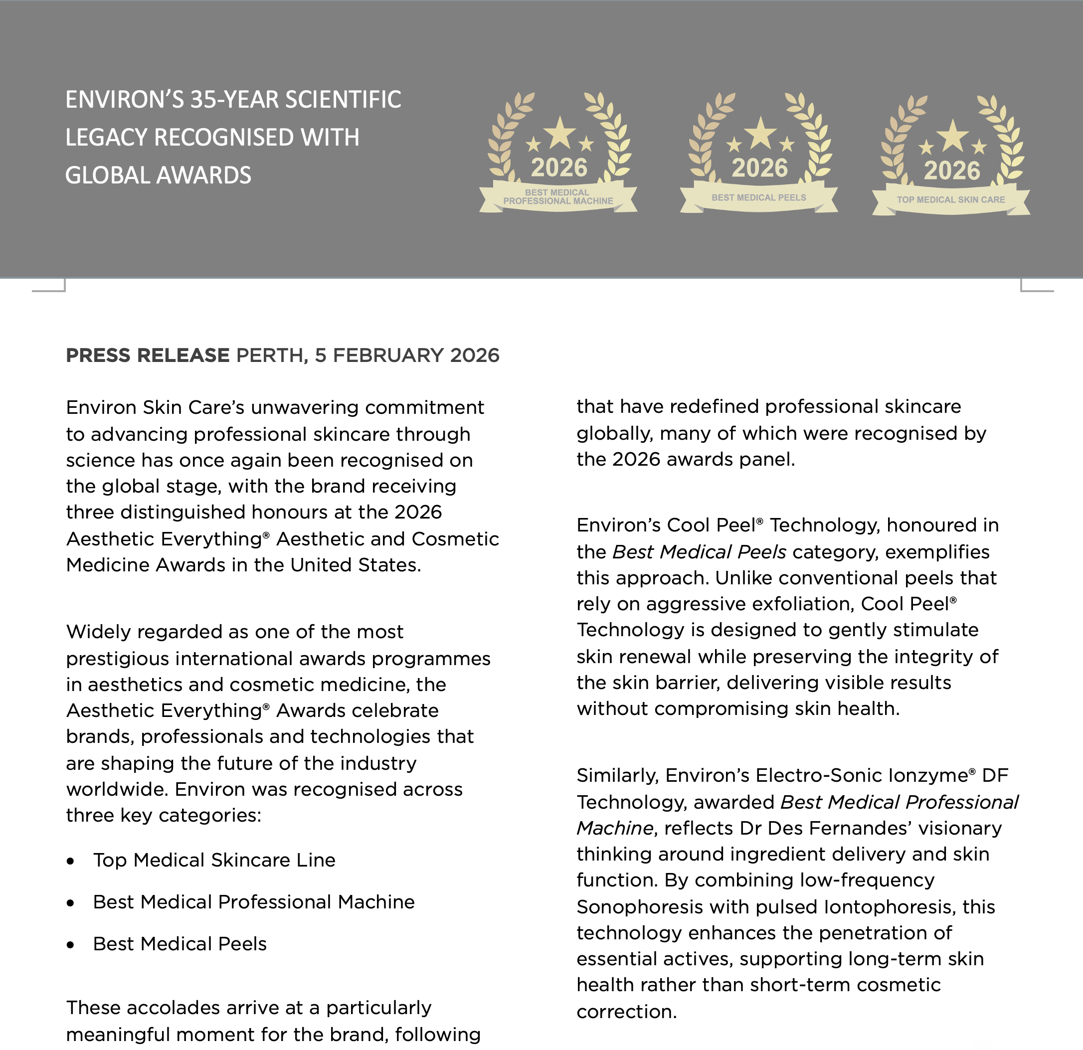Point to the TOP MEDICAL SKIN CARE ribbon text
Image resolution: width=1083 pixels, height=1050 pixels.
pyautogui.click(x=950, y=200)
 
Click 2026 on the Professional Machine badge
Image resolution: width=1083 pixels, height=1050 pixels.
pyautogui.click(x=558, y=168)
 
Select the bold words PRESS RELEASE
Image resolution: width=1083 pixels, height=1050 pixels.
pyautogui.click(x=148, y=355)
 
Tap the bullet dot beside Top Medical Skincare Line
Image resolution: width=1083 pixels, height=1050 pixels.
pyautogui.click(x=70, y=861)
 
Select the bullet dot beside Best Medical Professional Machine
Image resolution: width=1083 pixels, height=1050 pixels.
pyautogui.click(x=70, y=903)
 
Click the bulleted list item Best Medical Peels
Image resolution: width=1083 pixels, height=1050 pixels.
pyautogui.click(x=180, y=944)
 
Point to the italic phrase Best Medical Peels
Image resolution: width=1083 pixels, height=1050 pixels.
pyautogui.click(x=699, y=552)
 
